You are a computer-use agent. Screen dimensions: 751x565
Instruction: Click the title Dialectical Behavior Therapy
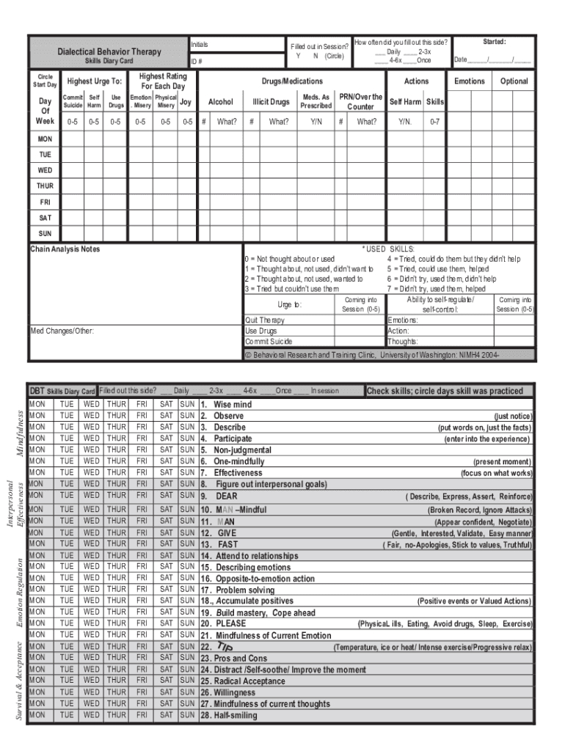pos(109,52)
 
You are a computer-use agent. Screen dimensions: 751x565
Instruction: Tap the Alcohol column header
pos(221,102)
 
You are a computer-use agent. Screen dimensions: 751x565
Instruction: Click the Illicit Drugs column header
pos(271,102)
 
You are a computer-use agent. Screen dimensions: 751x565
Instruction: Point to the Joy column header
pos(186,102)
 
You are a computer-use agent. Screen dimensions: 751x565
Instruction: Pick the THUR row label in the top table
pos(45,186)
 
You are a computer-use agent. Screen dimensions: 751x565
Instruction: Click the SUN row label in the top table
pos(45,233)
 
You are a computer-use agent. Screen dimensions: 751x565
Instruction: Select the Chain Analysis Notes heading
pos(65,249)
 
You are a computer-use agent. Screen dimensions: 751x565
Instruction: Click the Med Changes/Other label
pos(62,331)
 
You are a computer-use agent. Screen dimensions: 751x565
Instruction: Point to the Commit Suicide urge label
pos(269,341)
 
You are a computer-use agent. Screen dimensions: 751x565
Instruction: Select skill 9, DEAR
pos(226,496)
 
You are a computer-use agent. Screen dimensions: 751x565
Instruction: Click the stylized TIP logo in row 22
pos(225,647)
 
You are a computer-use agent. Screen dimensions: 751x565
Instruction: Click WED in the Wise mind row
pos(91,405)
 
